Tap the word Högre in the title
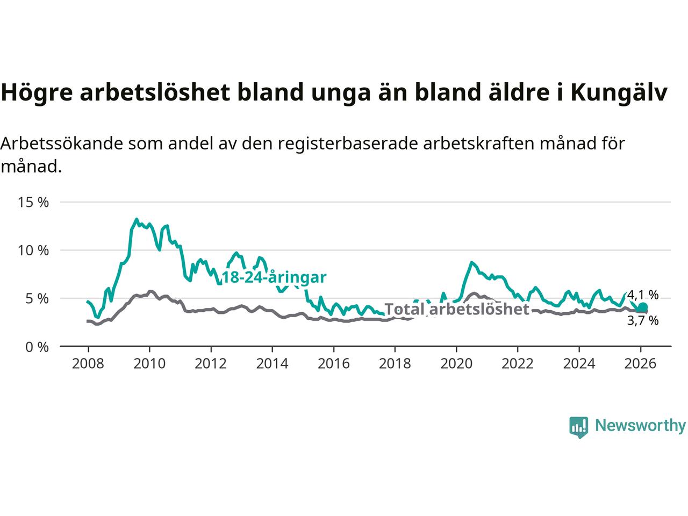tap(37, 93)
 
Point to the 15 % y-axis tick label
tap(33, 203)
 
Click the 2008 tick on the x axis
tap(88, 364)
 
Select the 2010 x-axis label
tap(149, 364)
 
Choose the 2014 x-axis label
tap(272, 364)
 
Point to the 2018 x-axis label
tap(395, 364)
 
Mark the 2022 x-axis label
tap(518, 364)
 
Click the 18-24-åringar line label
tap(274, 277)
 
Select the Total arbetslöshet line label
tap(457, 309)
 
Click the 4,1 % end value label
tap(643, 295)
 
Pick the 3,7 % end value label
tap(643, 321)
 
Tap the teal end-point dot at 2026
tap(642, 307)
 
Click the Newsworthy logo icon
tap(578, 427)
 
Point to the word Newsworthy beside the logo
tap(640, 426)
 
